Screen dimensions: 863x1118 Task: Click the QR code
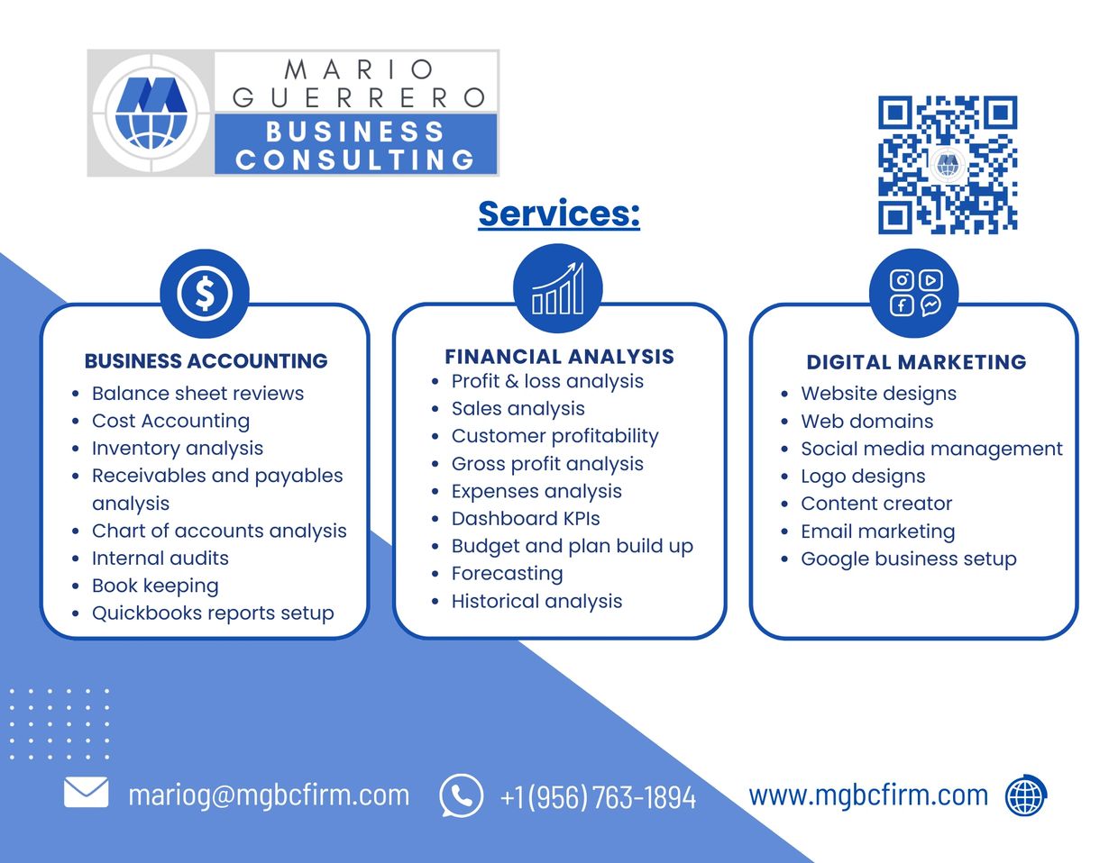[x=948, y=165]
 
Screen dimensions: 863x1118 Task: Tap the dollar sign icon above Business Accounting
[x=205, y=293]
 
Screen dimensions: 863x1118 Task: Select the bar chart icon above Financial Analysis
[x=558, y=289]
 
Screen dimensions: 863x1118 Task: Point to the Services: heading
[x=559, y=213]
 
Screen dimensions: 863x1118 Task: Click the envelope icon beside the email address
[x=87, y=794]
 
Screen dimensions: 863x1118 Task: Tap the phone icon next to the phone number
[x=461, y=795]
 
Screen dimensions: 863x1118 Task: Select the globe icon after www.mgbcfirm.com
[x=1025, y=795]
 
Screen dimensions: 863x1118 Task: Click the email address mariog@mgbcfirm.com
[x=269, y=795]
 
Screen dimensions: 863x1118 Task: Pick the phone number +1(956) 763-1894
[x=598, y=796]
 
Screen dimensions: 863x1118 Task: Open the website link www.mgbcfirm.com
[x=868, y=795]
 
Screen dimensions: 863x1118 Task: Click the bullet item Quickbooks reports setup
[x=213, y=613]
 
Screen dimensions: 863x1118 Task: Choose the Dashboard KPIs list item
[x=526, y=518]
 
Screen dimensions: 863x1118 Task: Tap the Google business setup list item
[x=908, y=559]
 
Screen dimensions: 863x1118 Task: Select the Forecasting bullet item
[x=507, y=573]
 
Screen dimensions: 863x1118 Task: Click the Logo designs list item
[x=863, y=476]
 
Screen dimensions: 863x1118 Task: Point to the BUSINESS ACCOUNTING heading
[x=206, y=361]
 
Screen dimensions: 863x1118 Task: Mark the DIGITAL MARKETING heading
[x=916, y=362]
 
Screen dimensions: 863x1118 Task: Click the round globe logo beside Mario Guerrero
[x=151, y=113]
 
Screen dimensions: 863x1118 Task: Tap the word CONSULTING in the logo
[x=355, y=159]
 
